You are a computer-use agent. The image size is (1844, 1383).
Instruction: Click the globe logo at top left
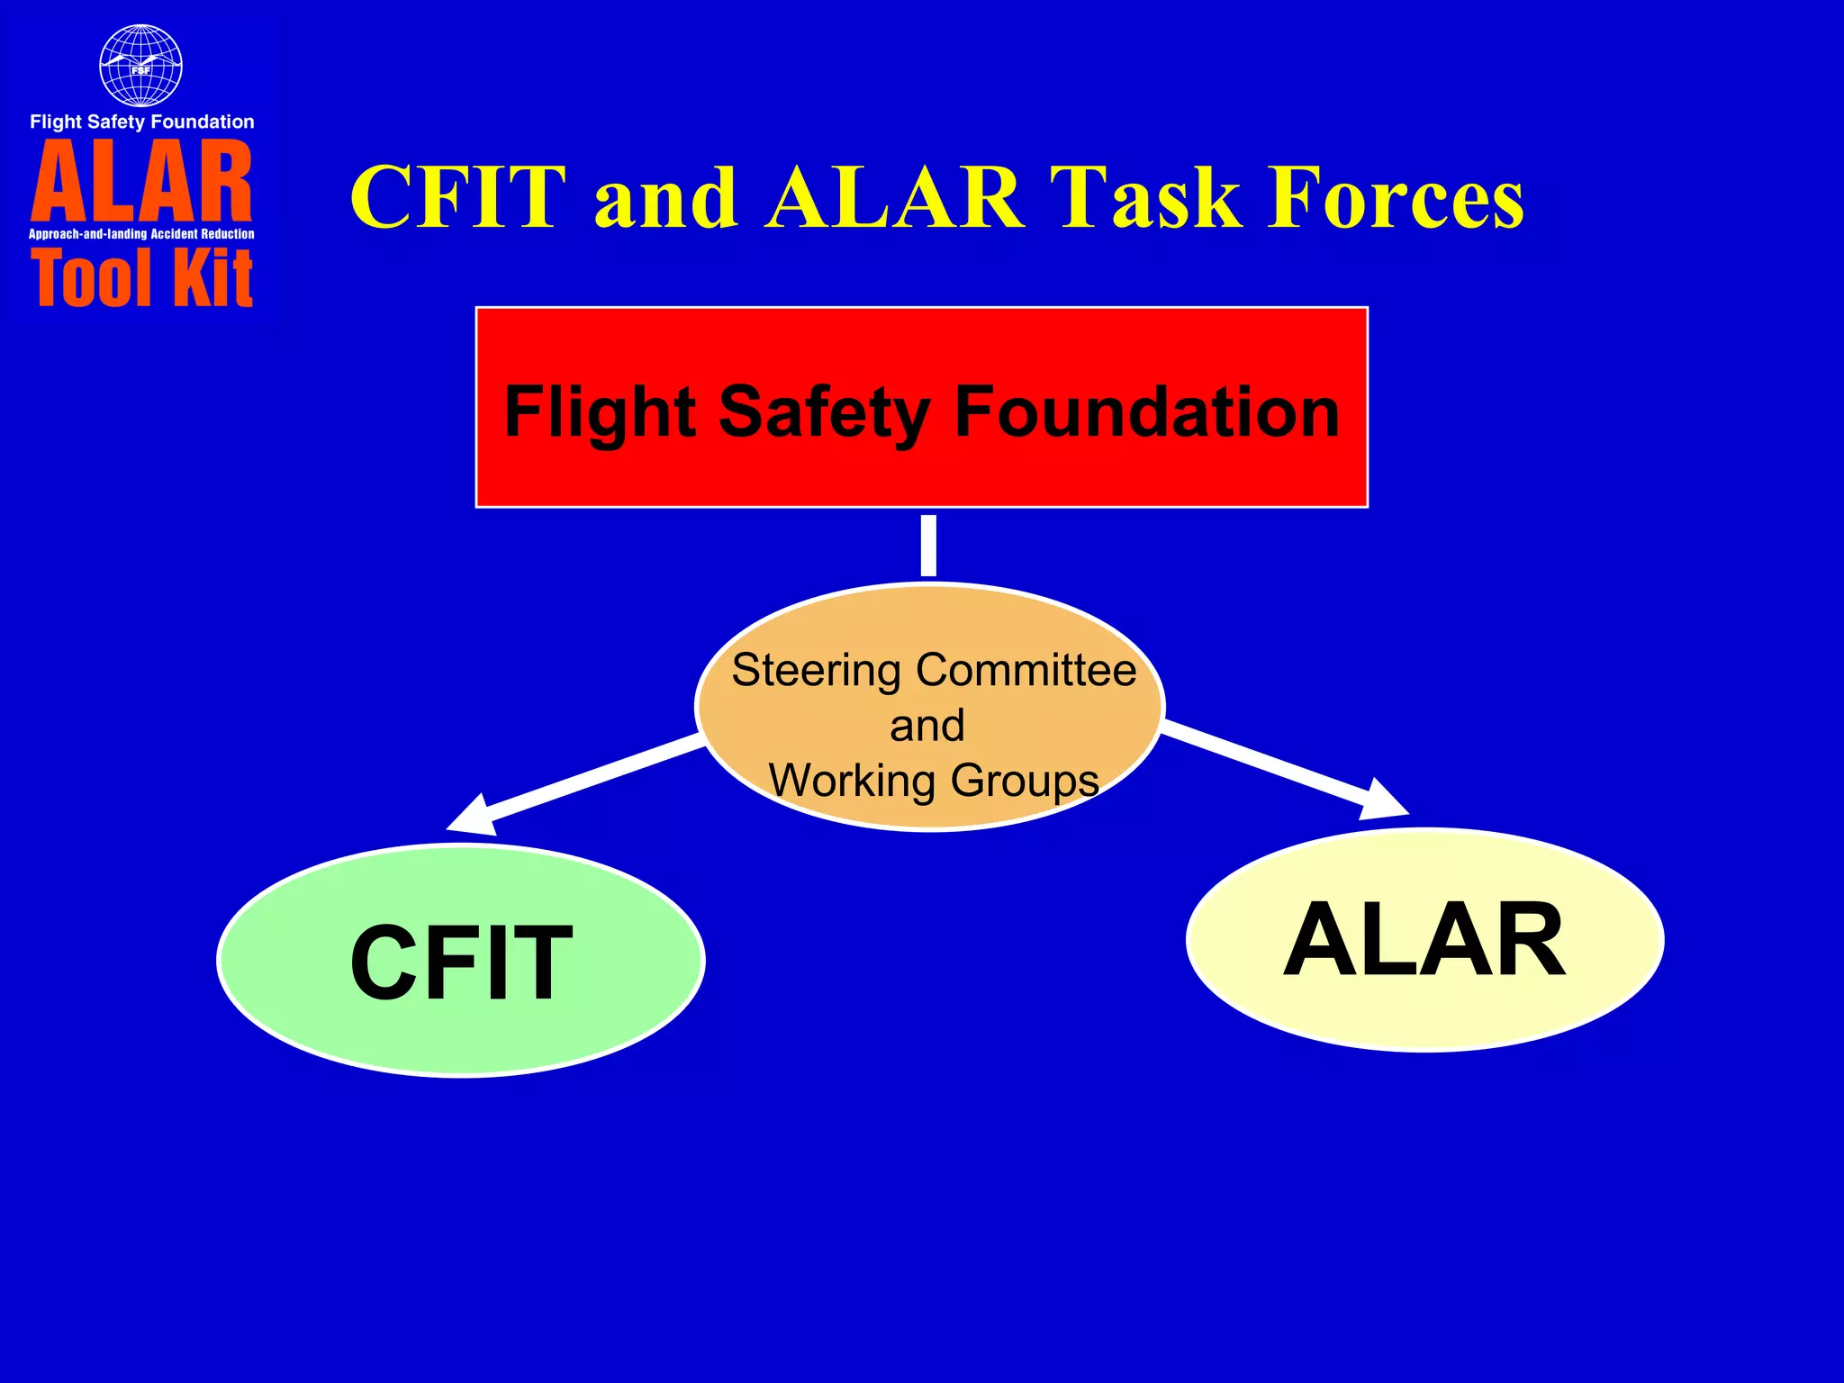tap(140, 66)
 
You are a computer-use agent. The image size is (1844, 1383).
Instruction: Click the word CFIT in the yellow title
tap(458, 197)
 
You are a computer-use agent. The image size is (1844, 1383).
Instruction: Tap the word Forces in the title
tap(1396, 197)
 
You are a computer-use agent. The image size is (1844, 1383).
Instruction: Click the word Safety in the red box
tap(824, 412)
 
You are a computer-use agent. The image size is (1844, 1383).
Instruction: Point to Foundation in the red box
tap(1146, 412)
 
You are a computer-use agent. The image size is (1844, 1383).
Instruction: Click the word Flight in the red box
tap(600, 412)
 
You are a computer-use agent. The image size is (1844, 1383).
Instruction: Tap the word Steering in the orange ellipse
tap(816, 672)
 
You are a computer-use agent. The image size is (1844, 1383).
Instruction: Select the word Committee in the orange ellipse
tap(1026, 670)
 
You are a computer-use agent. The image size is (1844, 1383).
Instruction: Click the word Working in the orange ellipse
tap(852, 780)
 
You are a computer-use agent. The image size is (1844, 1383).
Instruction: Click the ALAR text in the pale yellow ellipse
tap(1424, 940)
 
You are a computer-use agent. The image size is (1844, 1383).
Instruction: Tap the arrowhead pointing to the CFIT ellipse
tap(473, 816)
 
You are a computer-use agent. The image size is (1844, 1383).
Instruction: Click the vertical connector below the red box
tap(928, 546)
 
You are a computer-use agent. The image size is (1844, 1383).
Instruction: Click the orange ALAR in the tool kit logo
tap(142, 183)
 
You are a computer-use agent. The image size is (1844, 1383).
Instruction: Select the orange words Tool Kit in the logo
tap(142, 279)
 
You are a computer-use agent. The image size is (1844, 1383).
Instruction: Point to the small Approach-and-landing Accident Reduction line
tap(142, 234)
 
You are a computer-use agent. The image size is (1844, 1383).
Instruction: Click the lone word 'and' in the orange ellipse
tap(927, 726)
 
